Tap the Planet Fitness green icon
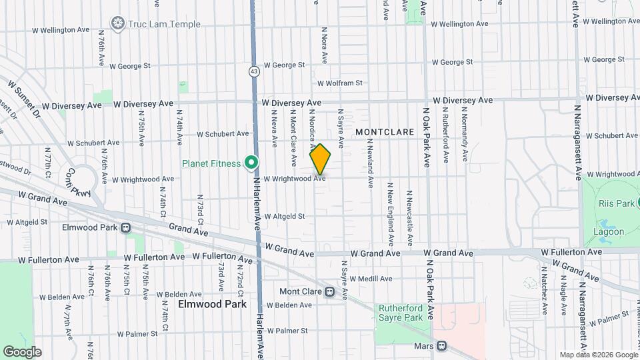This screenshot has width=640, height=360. tap(251, 163)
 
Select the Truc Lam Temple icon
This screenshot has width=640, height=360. tap(119, 24)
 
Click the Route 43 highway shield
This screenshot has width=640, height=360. tap(254, 71)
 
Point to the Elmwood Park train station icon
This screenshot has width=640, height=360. tap(125, 227)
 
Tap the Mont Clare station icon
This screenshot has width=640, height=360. tap(329, 291)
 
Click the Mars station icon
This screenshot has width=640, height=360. tap(441, 346)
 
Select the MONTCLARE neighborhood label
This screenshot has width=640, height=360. tap(385, 132)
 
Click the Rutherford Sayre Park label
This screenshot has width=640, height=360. tap(401, 313)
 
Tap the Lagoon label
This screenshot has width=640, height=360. tap(608, 232)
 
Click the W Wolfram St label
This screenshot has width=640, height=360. tap(339, 83)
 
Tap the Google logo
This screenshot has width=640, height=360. tap(22, 351)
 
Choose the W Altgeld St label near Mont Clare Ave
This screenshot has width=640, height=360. tap(284, 216)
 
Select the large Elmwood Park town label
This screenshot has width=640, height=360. tap(212, 304)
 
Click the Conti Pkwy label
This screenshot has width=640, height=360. tap(84, 181)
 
